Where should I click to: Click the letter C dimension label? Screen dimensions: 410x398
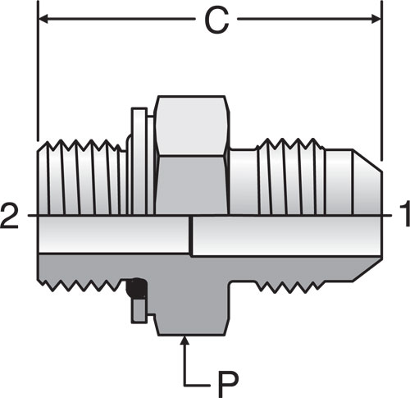point(216,20)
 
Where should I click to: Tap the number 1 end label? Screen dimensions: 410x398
point(405,213)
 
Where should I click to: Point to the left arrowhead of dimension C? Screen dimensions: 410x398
point(43,19)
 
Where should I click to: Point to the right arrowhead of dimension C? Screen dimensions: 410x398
point(376,19)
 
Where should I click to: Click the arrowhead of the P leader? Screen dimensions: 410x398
point(185,341)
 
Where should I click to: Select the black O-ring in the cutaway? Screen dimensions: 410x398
point(136,288)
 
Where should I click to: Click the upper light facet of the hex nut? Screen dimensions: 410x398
point(192,126)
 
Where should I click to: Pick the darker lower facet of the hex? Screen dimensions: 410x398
point(191,185)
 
